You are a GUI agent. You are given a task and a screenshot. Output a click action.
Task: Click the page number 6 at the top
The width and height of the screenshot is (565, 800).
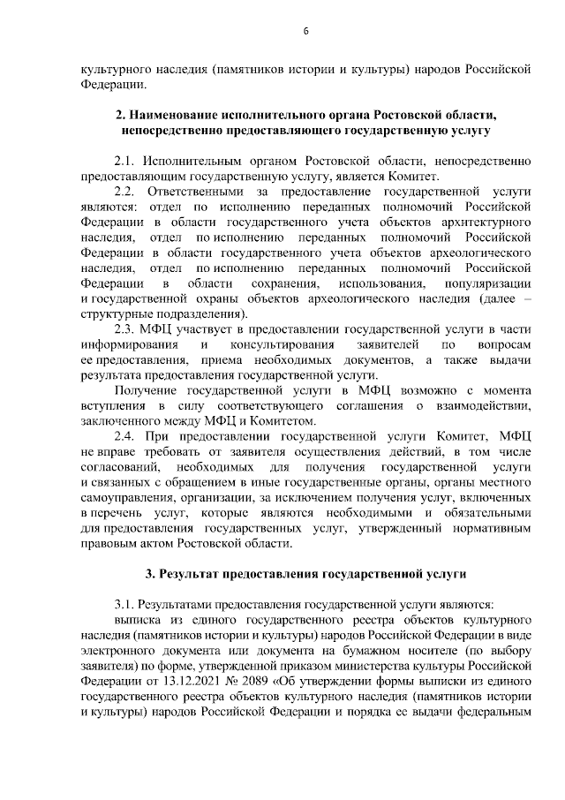tap(305, 32)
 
